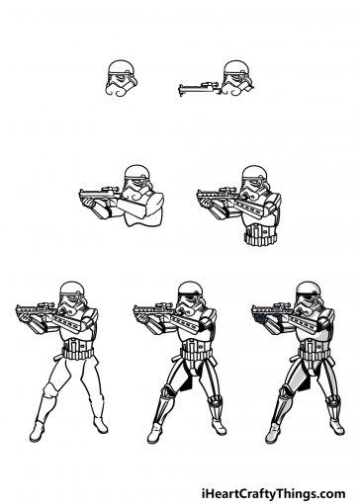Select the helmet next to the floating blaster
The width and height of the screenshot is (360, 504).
point(235,80)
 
